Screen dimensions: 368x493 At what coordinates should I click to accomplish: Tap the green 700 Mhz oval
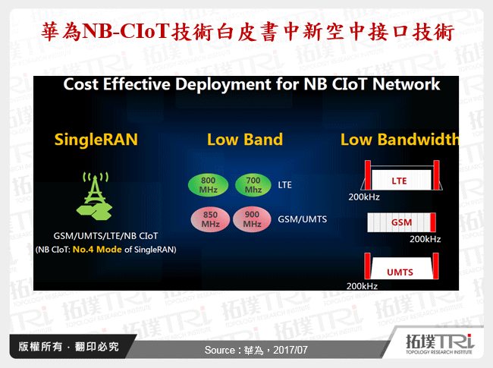point(253,185)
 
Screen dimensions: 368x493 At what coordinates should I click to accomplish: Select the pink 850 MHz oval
point(210,219)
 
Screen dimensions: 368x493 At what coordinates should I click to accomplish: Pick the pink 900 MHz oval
point(253,219)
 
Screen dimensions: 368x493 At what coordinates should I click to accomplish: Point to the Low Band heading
point(244,140)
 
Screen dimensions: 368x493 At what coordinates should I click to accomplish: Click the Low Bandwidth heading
point(399,140)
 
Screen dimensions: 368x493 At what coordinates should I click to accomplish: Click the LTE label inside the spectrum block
point(399,181)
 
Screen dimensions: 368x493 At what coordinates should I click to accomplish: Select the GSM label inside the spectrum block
point(401,223)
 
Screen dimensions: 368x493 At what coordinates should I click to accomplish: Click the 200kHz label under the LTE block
point(364,197)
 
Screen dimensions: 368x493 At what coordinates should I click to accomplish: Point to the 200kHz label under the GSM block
point(425,239)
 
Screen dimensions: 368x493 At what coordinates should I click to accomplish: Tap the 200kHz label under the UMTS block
point(363,286)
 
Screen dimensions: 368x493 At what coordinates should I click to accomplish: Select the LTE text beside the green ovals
point(285,185)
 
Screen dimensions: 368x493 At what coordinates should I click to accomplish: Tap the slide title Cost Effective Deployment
point(251,84)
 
